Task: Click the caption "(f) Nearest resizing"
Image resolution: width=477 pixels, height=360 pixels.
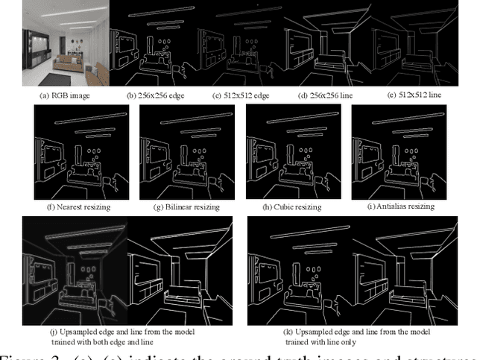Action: [86, 206]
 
